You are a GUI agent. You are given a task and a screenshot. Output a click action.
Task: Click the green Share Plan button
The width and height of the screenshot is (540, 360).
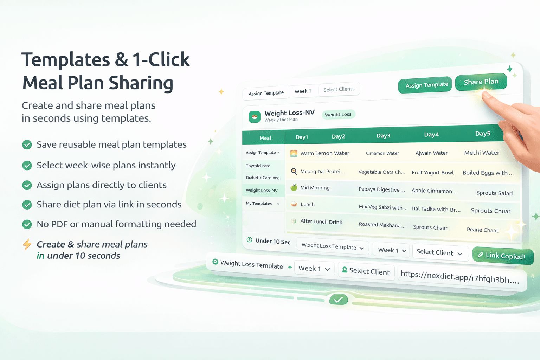481,82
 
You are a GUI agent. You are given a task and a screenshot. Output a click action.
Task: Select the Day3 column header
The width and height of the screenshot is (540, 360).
383,136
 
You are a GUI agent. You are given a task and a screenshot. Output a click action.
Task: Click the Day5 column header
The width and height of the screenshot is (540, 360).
483,134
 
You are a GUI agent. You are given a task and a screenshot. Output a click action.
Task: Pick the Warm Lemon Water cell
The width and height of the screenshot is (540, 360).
324,153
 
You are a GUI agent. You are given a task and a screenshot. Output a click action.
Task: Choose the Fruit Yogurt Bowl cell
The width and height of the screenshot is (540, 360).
432,173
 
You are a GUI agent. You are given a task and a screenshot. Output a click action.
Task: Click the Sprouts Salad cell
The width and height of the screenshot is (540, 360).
494,193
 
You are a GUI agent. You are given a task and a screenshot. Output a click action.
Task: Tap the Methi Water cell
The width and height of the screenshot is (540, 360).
482,153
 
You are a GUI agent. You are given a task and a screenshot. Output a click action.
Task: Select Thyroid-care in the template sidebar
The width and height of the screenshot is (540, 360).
258,166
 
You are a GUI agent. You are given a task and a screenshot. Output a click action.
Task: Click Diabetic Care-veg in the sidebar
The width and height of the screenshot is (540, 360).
263,178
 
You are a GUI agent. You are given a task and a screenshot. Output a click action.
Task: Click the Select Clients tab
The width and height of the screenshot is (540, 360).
339,90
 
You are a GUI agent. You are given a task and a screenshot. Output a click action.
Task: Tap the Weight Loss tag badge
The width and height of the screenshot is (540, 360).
338,115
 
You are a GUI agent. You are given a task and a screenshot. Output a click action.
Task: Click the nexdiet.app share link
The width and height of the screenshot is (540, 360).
459,277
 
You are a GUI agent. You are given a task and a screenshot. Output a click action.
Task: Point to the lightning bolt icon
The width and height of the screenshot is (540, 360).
27,244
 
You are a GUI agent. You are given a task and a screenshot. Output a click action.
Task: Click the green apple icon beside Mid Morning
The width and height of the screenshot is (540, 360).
294,187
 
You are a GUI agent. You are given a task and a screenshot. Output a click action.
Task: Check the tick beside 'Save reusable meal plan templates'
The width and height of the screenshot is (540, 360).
27,144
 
